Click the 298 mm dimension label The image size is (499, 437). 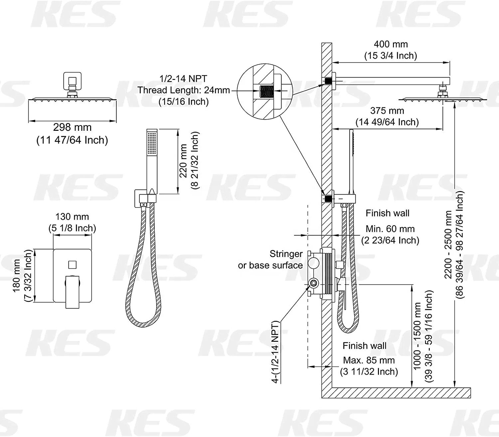72,127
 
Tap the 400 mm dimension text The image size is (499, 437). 391,44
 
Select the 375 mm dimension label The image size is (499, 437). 387,111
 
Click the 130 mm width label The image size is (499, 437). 72,217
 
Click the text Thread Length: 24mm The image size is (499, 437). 184,90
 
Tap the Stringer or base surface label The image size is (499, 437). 270,260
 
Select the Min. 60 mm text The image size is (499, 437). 390,229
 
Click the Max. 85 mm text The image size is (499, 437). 369,360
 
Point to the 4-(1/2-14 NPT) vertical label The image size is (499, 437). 275,352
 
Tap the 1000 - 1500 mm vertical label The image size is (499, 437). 417,336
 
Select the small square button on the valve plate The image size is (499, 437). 72,265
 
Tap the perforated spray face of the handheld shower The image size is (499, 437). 152,143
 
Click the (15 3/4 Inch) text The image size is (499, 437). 391,56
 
